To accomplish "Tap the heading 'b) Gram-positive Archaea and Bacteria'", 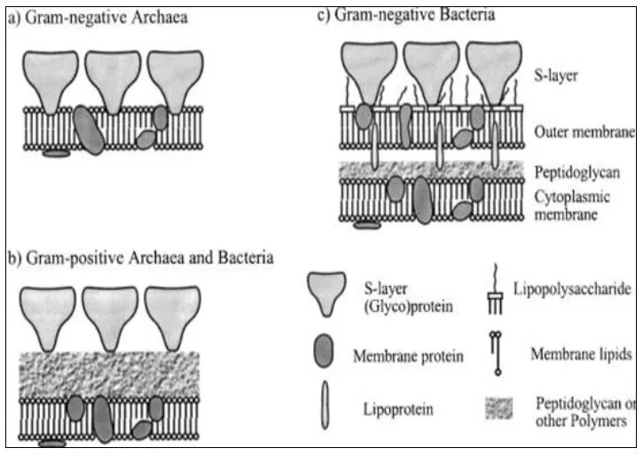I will [x=140, y=258].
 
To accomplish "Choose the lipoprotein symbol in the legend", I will [x=325, y=409].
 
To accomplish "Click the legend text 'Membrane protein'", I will [x=408, y=357].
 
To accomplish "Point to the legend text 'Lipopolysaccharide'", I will [x=572, y=291].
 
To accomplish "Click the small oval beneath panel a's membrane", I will [x=56, y=153].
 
